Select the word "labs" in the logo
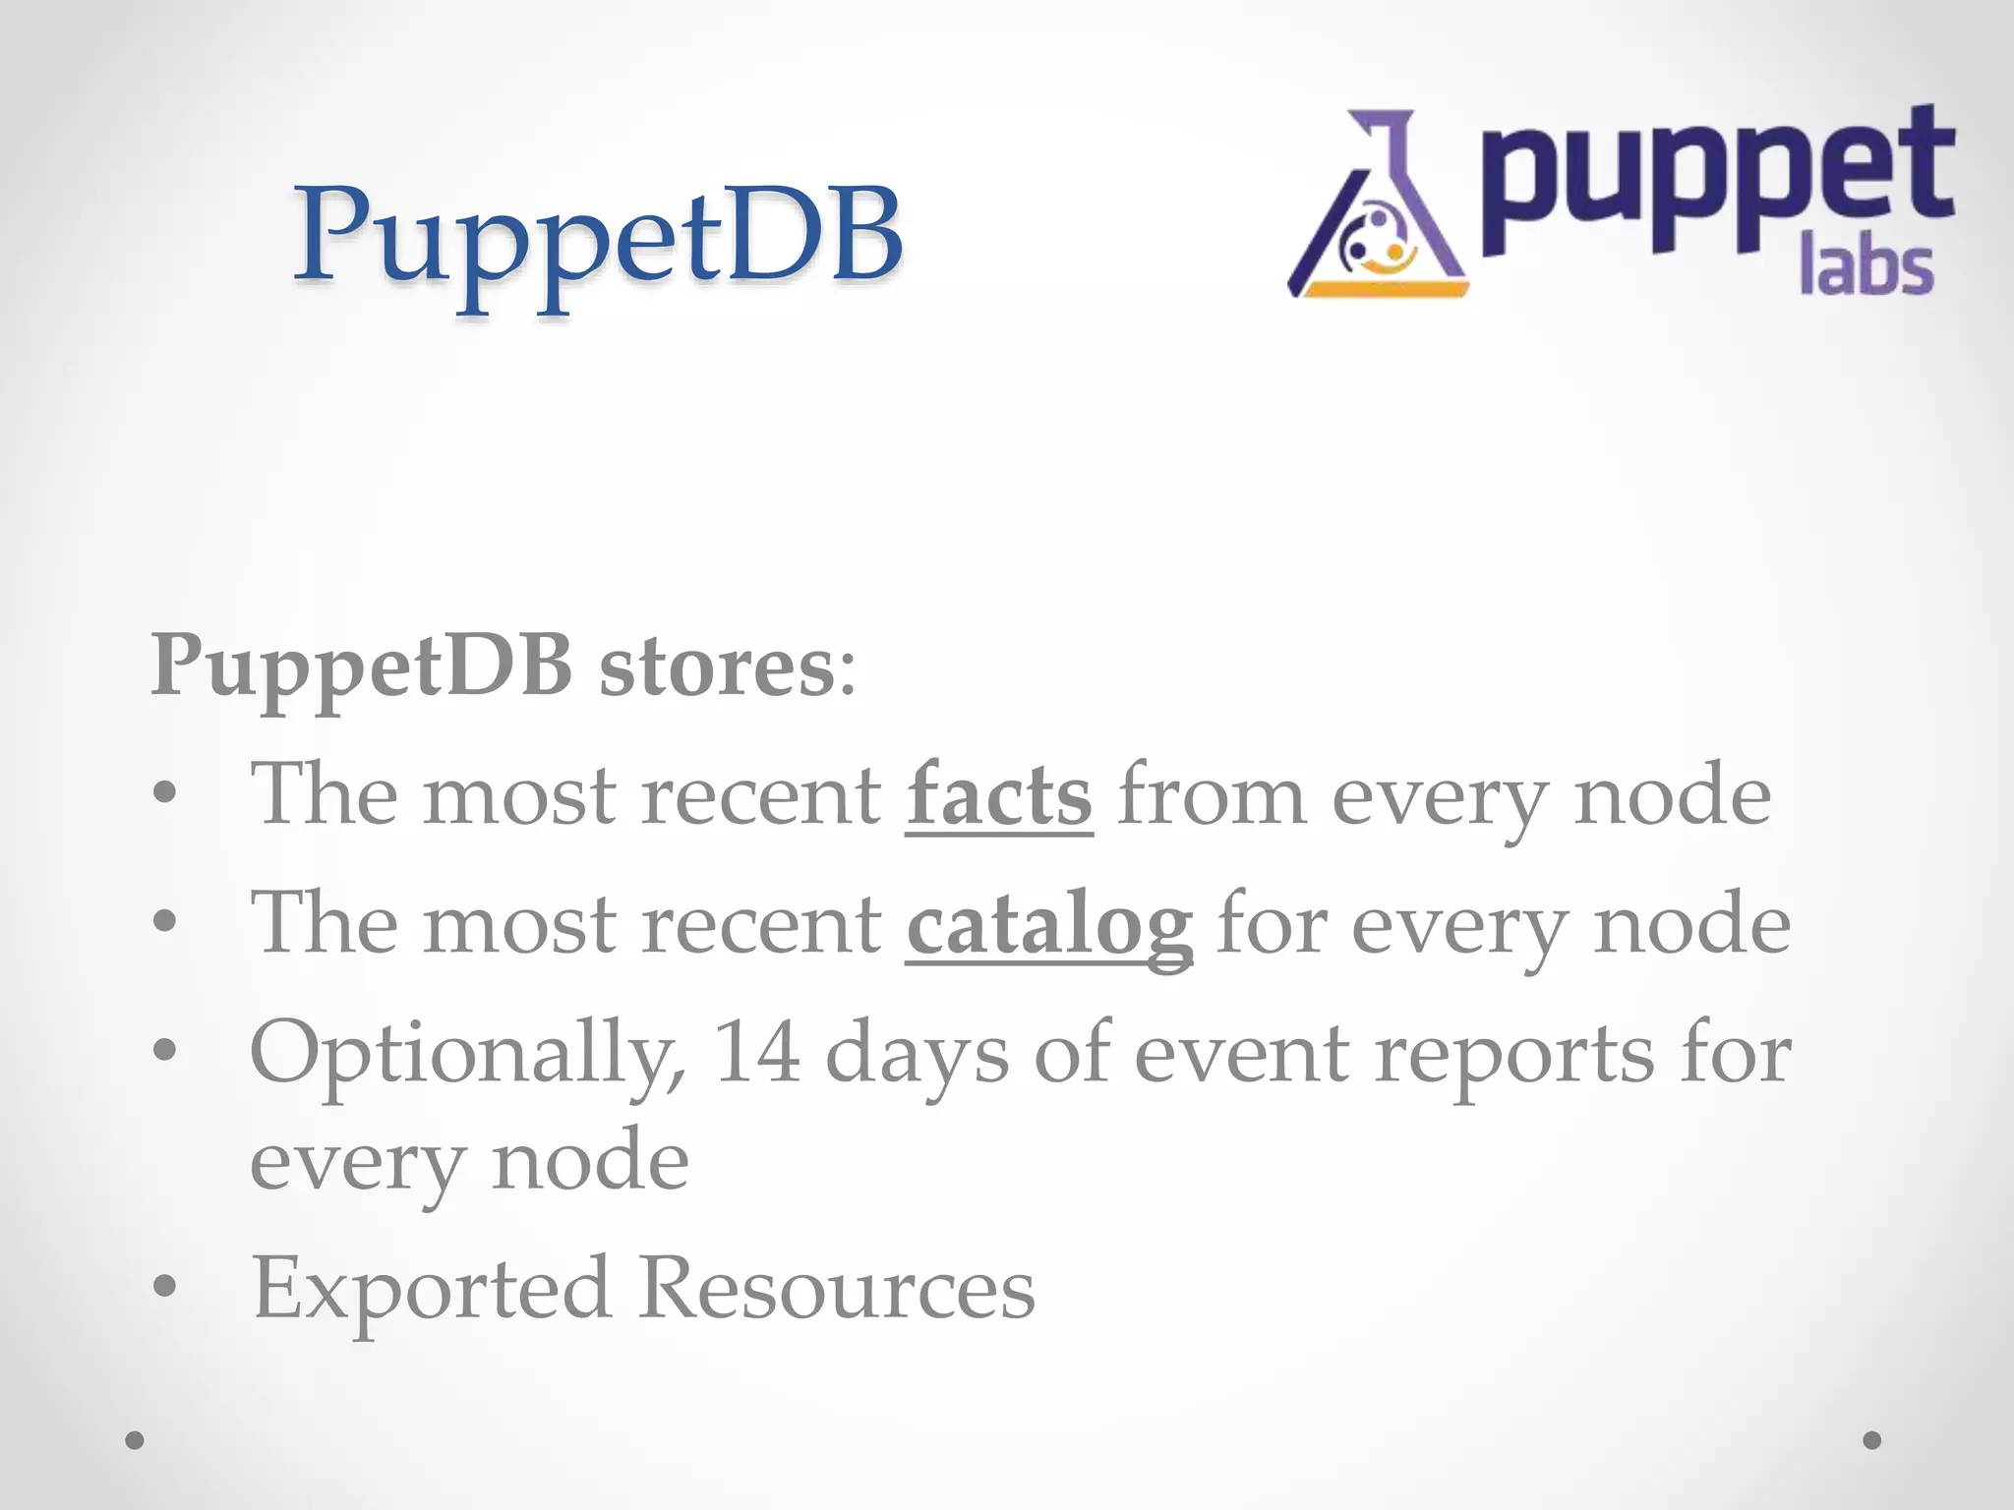[1866, 267]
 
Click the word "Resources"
[837, 1288]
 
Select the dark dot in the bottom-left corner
[135, 1440]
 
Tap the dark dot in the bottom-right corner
[1872, 1440]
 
